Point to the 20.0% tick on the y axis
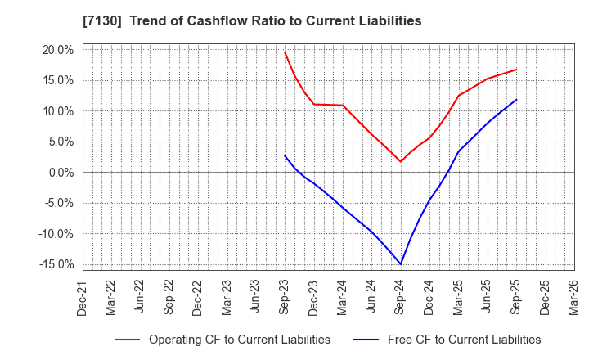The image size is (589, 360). pyautogui.click(x=58, y=50)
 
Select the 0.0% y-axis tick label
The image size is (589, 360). pyautogui.click(x=61, y=173)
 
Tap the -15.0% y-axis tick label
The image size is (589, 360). pyautogui.click(x=56, y=264)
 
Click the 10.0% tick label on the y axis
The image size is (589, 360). pyautogui.click(x=58, y=111)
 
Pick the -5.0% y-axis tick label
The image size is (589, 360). pyautogui.click(x=59, y=203)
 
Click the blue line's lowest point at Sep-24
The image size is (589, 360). pyautogui.click(x=401, y=263)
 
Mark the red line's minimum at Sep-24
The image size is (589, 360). pyautogui.click(x=401, y=161)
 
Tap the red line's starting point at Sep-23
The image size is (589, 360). pyautogui.click(x=285, y=52)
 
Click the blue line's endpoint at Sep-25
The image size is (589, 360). pyautogui.click(x=516, y=100)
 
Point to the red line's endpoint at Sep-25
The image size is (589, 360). pyautogui.click(x=516, y=70)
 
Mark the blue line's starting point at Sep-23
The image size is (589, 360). pyautogui.click(x=285, y=155)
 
